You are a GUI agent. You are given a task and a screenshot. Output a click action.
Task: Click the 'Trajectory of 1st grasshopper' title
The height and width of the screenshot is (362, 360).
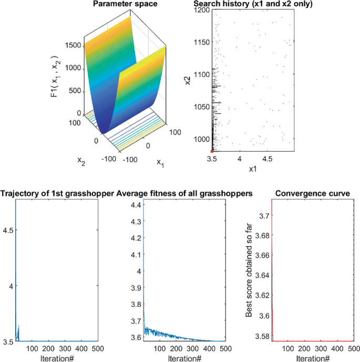coord(57,194)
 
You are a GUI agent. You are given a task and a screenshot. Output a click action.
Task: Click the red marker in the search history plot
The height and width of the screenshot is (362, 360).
coord(212,151)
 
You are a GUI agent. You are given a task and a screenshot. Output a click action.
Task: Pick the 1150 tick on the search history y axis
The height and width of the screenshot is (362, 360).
coord(202,42)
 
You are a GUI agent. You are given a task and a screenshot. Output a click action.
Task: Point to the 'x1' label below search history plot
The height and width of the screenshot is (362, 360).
coord(251,169)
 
